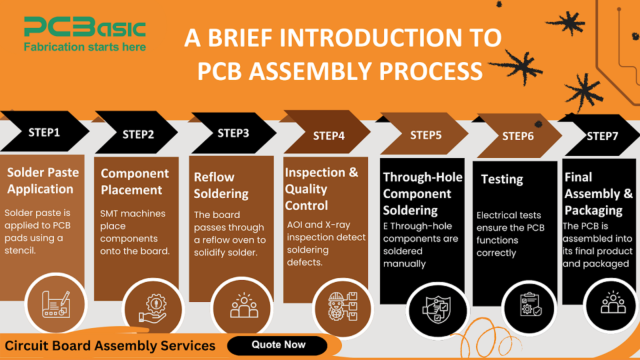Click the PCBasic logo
click(85, 29)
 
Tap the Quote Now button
click(278, 345)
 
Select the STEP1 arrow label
click(45, 132)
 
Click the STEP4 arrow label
click(329, 136)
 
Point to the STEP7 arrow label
click(602, 136)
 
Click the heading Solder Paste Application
click(43, 181)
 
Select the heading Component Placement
click(135, 182)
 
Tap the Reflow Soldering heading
click(221, 185)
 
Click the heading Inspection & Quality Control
click(321, 189)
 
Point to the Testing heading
click(502, 179)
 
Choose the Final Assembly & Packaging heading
click(598, 193)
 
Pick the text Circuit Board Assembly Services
click(111, 345)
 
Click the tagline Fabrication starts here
click(85, 47)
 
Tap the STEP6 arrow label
click(518, 136)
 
